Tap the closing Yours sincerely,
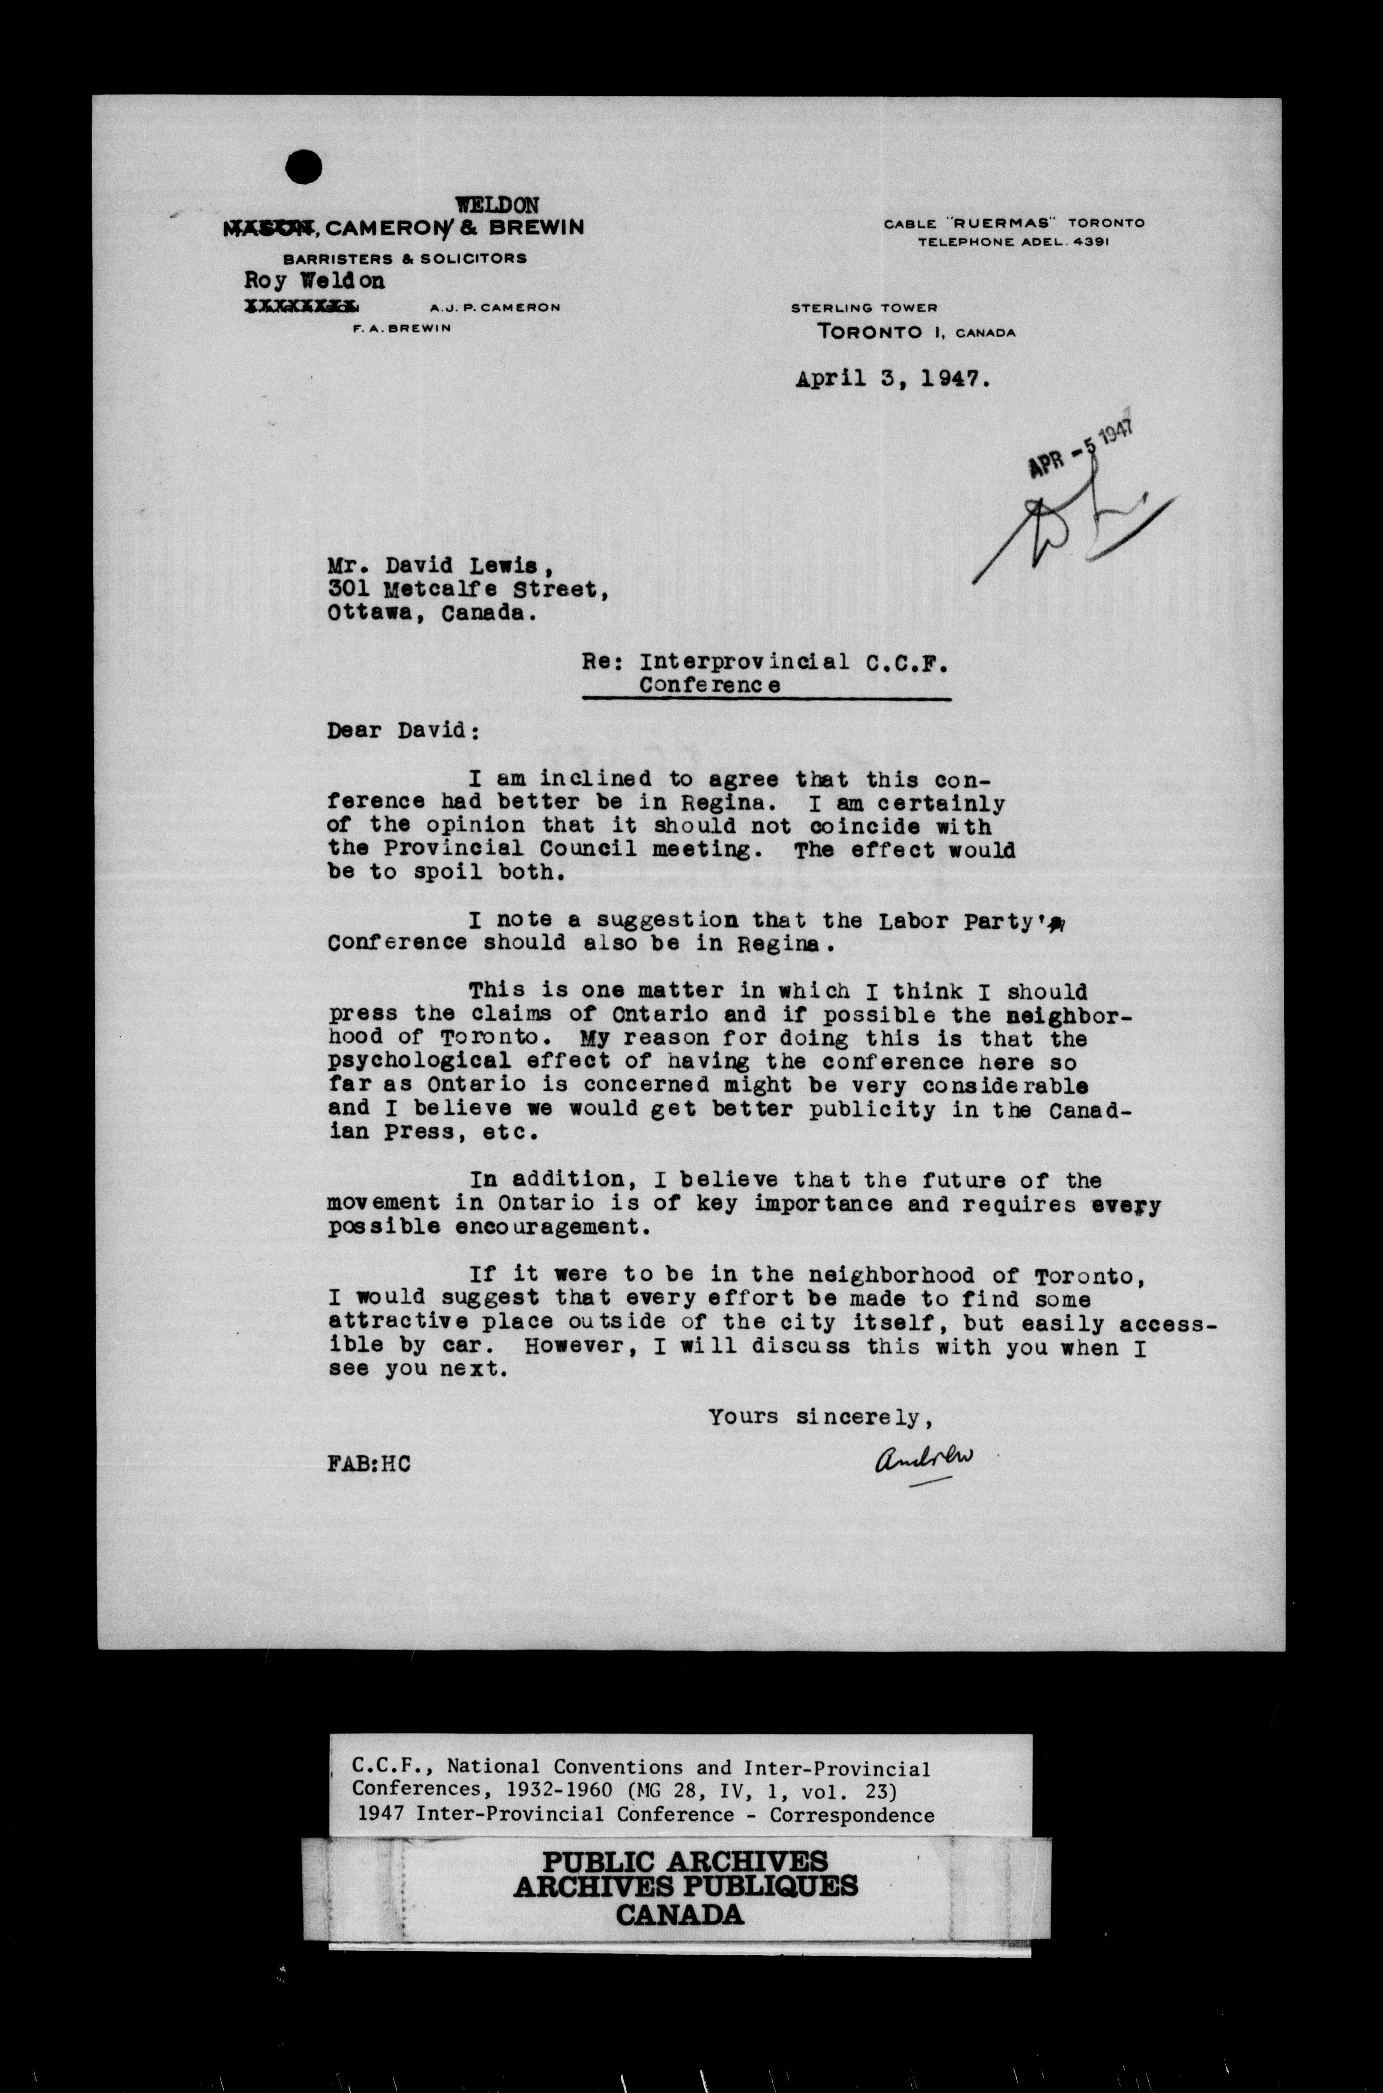(820, 1417)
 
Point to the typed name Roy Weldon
(315, 280)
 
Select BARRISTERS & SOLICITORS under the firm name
(405, 258)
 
